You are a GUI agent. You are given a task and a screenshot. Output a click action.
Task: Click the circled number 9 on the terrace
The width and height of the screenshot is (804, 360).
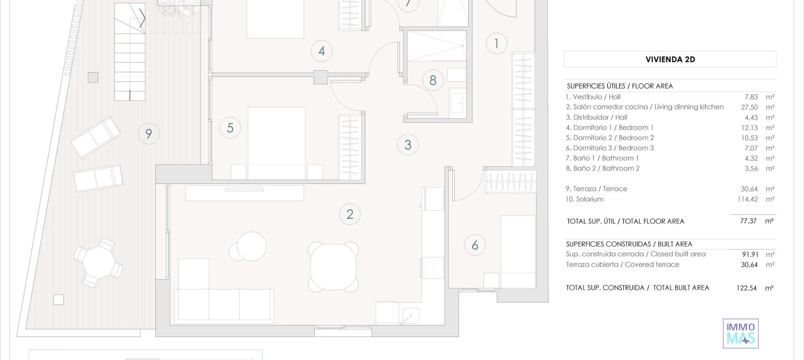(x=149, y=134)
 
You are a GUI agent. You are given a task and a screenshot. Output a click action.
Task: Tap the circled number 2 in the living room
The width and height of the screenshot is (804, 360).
(x=350, y=214)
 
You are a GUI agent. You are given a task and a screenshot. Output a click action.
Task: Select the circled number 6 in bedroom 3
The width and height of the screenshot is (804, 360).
(x=475, y=245)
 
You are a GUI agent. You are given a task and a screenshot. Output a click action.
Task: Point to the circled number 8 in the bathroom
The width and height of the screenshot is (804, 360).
(x=433, y=80)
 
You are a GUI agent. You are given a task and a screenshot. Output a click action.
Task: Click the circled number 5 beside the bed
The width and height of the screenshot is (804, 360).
(x=230, y=128)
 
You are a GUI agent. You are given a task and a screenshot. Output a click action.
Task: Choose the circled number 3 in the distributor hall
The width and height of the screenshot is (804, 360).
(x=408, y=145)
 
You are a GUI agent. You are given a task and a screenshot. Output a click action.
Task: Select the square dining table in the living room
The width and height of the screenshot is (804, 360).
(x=333, y=267)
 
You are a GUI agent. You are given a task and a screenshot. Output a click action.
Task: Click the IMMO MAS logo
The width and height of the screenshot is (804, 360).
(x=740, y=333)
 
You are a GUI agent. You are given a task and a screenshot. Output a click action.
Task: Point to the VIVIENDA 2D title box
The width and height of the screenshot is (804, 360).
(x=670, y=59)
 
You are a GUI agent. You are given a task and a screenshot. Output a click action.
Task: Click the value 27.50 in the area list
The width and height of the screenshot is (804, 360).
(x=749, y=107)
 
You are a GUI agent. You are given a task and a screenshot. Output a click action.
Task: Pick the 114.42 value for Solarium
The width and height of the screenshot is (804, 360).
(x=747, y=199)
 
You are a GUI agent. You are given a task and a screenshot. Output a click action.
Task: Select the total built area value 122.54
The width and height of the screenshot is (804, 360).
(x=746, y=288)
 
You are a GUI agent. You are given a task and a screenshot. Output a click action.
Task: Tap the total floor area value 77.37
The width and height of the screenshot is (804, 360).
(x=748, y=221)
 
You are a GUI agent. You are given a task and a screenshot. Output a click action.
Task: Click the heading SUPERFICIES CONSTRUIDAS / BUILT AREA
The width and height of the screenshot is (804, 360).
(x=629, y=244)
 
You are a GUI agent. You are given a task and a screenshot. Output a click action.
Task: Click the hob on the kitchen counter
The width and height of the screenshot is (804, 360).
(x=433, y=267)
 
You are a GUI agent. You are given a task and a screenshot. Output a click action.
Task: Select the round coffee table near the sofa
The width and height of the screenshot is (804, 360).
(x=251, y=247)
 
